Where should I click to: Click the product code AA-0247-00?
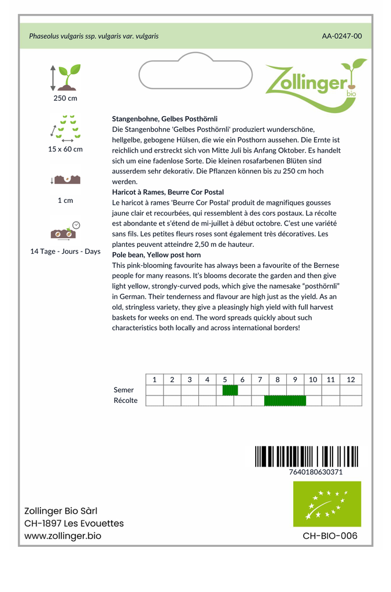[x=342, y=36]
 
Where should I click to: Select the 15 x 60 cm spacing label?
[x=65, y=149]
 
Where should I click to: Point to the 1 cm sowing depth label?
[x=65, y=201]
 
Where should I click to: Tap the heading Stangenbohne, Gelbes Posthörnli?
[x=165, y=119]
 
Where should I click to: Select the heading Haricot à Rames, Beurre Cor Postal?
[x=168, y=192]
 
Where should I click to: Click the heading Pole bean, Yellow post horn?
[x=156, y=255]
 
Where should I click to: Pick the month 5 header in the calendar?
[x=225, y=380]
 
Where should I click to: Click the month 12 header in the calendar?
[x=351, y=380]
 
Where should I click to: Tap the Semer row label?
[x=124, y=390]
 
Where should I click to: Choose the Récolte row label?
[x=126, y=401]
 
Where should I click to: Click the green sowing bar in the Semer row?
[x=230, y=390]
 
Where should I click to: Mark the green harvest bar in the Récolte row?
[x=285, y=401]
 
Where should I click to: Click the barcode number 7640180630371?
[x=315, y=472]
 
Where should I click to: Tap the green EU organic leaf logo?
[x=327, y=504]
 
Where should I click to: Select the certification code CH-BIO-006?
[x=330, y=536]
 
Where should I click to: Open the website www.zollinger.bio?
[x=62, y=536]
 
